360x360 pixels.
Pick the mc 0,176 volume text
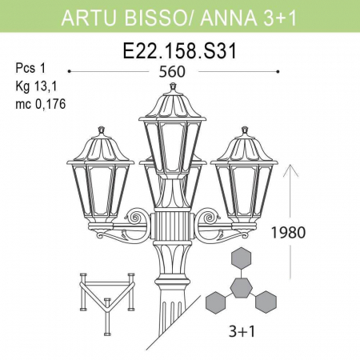(x=40, y=104)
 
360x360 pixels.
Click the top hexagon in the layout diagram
(x=241, y=258)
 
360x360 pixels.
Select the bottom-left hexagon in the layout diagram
(x=215, y=302)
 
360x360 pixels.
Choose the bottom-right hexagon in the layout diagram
(x=266, y=302)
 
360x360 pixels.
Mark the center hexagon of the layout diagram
(x=241, y=286)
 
